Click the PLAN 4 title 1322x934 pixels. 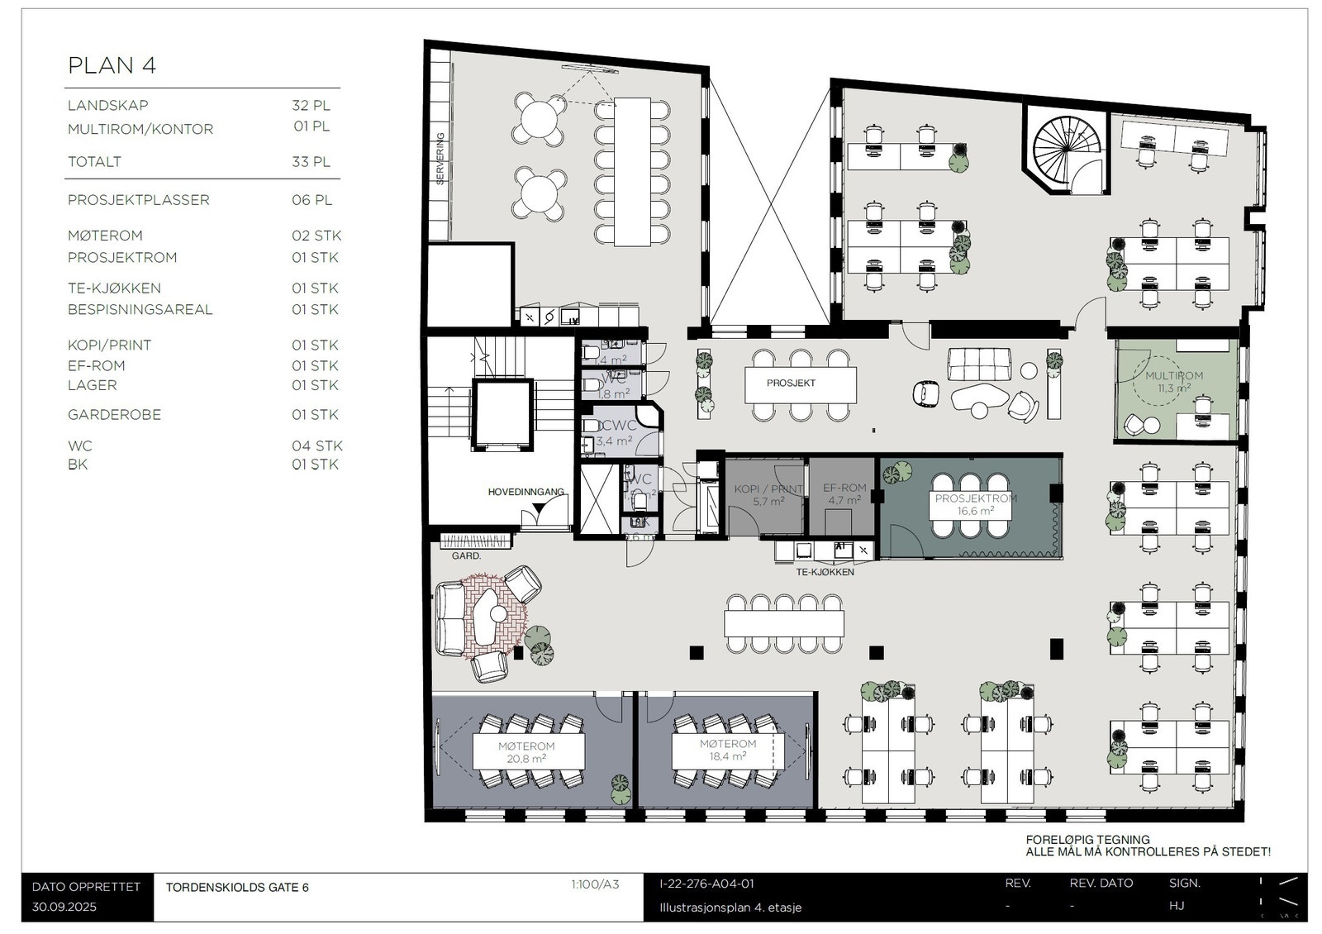(112, 65)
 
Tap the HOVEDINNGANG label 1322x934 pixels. (525, 492)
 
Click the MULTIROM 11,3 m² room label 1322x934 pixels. (1174, 381)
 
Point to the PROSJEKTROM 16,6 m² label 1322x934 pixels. (976, 504)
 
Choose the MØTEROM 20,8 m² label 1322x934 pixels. (526, 752)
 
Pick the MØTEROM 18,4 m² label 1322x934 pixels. (728, 750)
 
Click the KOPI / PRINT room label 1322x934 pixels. (768, 494)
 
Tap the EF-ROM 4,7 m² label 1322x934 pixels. (844, 494)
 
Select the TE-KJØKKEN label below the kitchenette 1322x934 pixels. (825, 572)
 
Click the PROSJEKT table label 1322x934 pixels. (791, 384)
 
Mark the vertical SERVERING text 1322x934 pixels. (440, 159)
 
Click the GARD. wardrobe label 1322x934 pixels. (466, 556)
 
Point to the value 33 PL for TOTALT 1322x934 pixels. (311, 162)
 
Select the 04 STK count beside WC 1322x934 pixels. (316, 446)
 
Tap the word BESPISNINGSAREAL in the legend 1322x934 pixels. (140, 310)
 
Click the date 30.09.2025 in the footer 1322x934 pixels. (64, 906)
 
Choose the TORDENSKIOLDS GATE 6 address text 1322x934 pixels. (237, 888)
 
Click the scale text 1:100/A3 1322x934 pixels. (594, 884)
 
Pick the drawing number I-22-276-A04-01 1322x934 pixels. (706, 884)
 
